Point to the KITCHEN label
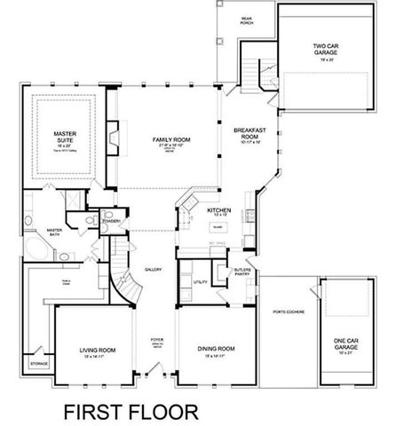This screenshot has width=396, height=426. coord(219,211)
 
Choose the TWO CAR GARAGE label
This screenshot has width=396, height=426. coord(329,50)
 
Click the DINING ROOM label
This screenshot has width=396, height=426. coord(216,350)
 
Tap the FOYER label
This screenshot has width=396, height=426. coord(157,339)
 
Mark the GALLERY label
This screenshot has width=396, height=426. coord(153,269)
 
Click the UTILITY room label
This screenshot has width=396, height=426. coord(200,281)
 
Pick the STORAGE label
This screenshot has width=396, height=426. coord(38,364)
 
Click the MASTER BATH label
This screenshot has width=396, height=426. coord(54,233)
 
